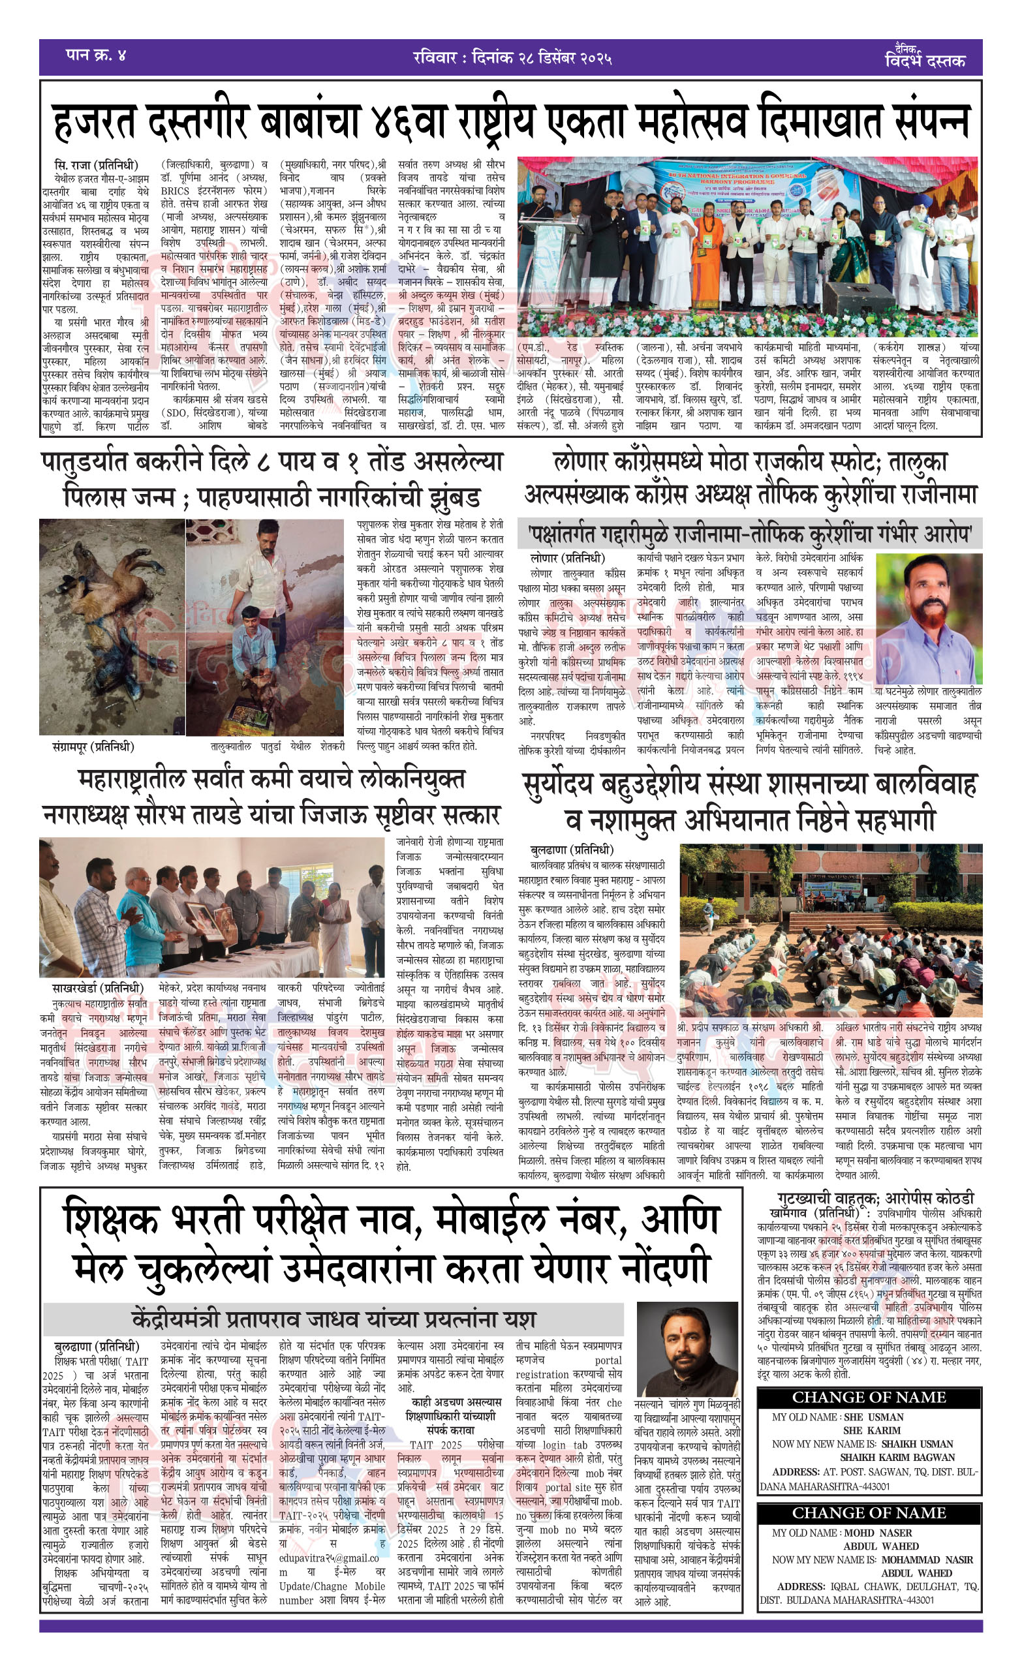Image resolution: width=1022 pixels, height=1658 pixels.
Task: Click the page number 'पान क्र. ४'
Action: [96, 55]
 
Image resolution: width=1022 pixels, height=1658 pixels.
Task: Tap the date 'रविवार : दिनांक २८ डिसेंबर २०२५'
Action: [512, 57]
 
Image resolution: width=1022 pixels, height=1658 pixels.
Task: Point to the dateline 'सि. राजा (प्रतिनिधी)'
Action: [96, 165]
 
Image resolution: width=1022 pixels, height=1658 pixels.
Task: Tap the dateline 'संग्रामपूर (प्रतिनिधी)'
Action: [93, 746]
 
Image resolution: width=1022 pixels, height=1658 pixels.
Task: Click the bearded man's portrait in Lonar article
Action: [927, 617]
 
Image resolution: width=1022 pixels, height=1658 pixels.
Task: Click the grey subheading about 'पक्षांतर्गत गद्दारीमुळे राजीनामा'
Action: [749, 534]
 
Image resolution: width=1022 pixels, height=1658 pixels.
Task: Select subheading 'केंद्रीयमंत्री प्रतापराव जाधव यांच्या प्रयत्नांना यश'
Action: [333, 1319]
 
